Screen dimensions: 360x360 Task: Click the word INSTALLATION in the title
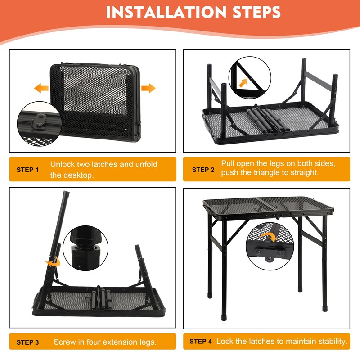coord(166,12)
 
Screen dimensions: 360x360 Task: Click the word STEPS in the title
coord(256,12)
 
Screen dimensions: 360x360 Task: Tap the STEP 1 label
coord(27,170)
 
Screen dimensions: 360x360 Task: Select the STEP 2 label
coord(203,170)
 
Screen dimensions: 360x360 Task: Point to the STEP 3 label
coord(27,342)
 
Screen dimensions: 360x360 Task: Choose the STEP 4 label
coord(200,342)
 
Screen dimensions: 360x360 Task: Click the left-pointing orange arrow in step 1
coord(41,88)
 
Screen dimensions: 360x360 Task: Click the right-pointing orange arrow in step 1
coord(148,88)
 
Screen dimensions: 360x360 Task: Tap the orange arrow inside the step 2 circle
coord(243,83)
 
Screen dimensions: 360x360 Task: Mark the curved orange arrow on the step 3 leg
coord(54,262)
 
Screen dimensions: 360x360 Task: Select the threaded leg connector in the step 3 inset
coord(85,248)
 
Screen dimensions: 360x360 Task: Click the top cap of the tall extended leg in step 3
coord(66,193)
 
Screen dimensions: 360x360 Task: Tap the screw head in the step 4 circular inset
coord(269,259)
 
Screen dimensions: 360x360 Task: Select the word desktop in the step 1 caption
coord(78,175)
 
